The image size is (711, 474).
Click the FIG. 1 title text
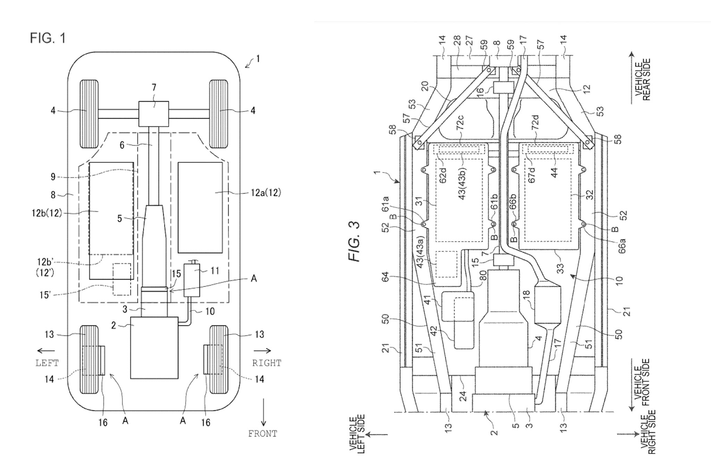pyautogui.click(x=48, y=38)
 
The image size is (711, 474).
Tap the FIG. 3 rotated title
pyautogui.click(x=354, y=242)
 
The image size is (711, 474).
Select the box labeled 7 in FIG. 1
pyautogui.click(x=154, y=114)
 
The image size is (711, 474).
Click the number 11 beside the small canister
pyautogui.click(x=215, y=270)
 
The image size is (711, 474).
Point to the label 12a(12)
pyautogui.click(x=266, y=193)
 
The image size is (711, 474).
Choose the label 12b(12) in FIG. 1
pyautogui.click(x=47, y=213)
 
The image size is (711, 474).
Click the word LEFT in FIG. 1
pyautogui.click(x=47, y=363)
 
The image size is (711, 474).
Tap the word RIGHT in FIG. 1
pyautogui.click(x=267, y=363)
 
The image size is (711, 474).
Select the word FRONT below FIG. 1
pyautogui.click(x=262, y=433)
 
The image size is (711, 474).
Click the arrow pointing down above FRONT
pyautogui.click(x=264, y=412)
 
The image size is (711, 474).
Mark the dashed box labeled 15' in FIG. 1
pyautogui.click(x=122, y=279)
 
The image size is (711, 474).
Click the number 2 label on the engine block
pyautogui.click(x=114, y=325)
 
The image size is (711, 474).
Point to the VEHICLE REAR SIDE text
pyautogui.click(x=642, y=79)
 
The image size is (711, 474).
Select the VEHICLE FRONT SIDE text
pyautogui.click(x=642, y=382)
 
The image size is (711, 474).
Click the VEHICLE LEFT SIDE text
pyautogui.click(x=358, y=435)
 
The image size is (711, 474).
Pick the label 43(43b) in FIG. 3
pyautogui.click(x=462, y=184)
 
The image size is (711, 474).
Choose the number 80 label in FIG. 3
pyautogui.click(x=483, y=276)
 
